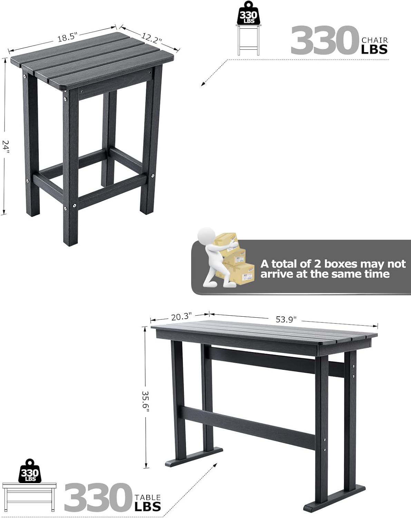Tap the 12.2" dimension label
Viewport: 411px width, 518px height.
151,38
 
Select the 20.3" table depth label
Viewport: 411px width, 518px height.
181,317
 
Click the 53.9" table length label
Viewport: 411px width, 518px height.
286,320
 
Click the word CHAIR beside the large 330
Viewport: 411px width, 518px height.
375,40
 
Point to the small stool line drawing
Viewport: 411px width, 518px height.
248,40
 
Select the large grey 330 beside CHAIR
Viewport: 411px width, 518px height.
325,40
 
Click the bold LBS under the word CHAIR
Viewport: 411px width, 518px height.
374,49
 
